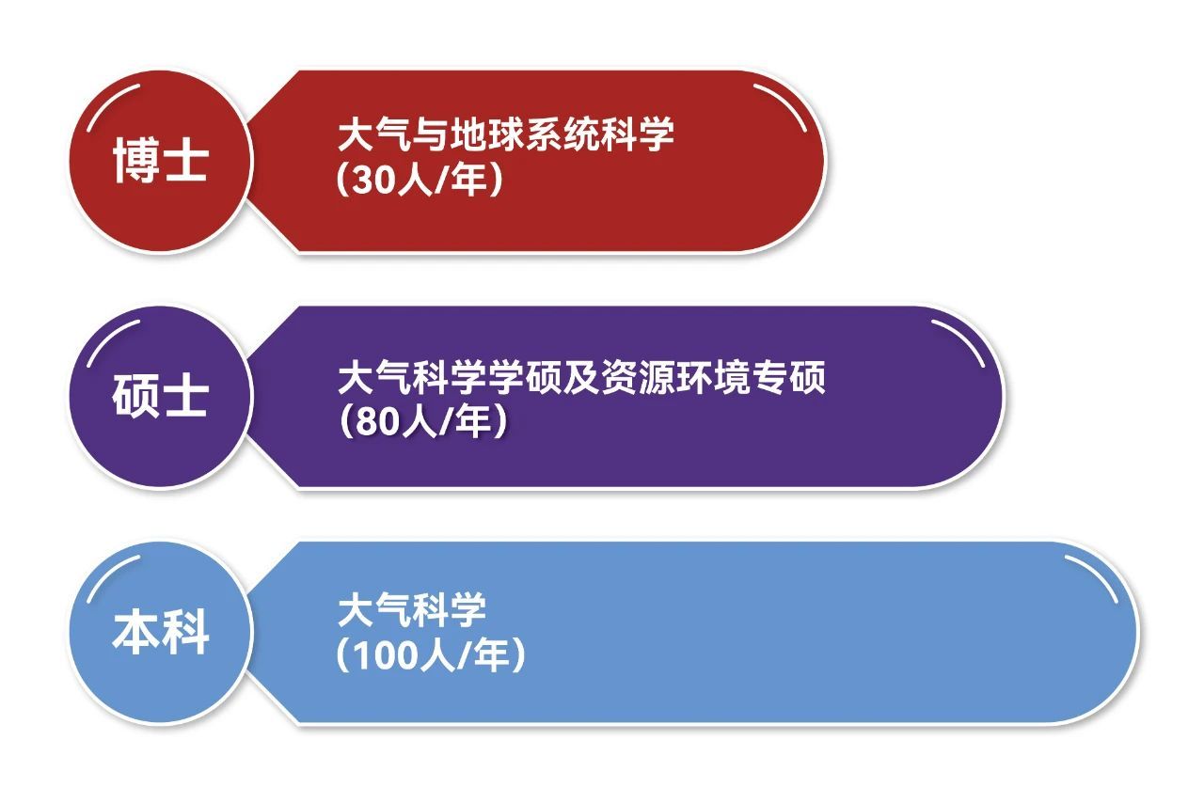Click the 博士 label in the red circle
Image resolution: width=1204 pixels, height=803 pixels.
[160, 160]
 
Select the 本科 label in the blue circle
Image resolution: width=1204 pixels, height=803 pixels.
[160, 632]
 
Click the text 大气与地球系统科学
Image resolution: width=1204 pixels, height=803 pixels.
[506, 134]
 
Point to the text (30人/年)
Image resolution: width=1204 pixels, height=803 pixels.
[420, 179]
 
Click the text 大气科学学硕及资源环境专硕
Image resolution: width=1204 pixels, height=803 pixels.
[581, 377]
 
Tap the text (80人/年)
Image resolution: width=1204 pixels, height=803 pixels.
[423, 421]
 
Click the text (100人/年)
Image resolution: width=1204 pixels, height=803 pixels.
[431, 655]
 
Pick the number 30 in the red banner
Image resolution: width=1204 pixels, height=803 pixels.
[374, 180]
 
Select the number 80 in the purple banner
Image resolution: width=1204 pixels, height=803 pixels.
[378, 421]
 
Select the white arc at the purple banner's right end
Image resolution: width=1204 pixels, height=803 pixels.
[963, 339]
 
